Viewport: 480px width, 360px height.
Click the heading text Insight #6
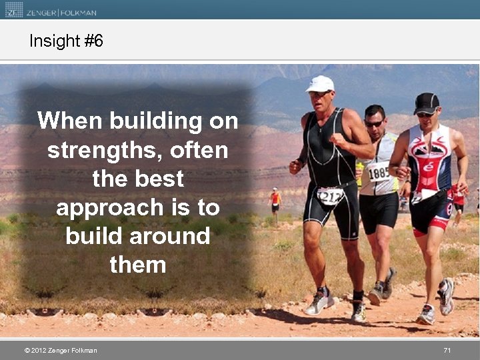coord(66,41)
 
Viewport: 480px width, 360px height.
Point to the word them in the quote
coord(137,265)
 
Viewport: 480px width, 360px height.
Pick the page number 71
coord(447,351)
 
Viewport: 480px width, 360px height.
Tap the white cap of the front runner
coord(320,83)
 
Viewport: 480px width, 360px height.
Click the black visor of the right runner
coord(427,103)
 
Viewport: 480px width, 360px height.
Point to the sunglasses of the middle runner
coord(373,123)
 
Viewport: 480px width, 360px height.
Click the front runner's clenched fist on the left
coord(295,167)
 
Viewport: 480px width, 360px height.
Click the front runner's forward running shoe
coord(318,303)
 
